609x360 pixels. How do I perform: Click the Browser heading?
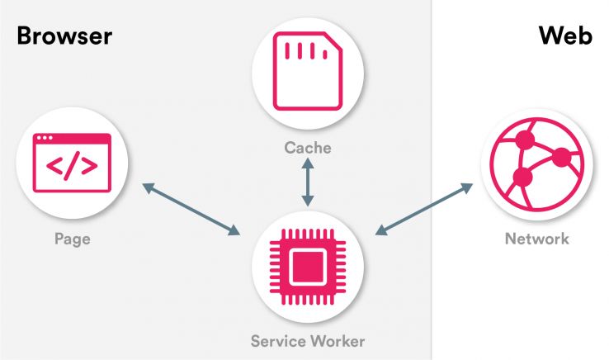pyautogui.click(x=64, y=36)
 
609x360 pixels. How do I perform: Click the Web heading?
pyautogui.click(x=565, y=36)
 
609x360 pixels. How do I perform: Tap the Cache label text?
pyautogui.click(x=307, y=148)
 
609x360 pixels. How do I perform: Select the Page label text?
pyautogui.click(x=72, y=239)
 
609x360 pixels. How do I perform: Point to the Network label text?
pyautogui.click(x=537, y=239)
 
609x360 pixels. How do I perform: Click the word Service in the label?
pyautogui.click(x=277, y=340)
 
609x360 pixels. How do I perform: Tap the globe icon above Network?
pyautogui.click(x=536, y=164)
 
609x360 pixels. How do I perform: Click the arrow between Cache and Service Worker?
pyautogui.click(x=308, y=182)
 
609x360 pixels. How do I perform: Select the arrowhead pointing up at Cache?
pyautogui.click(x=308, y=164)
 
